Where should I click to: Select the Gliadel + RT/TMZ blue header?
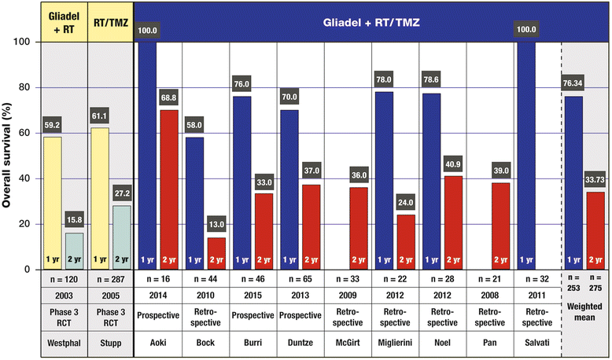[x=373, y=20]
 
